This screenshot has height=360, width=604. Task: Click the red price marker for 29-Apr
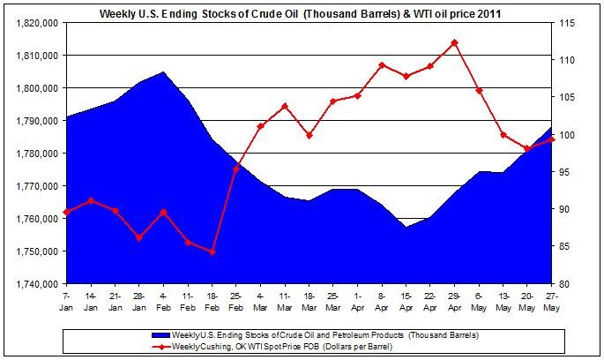(454, 42)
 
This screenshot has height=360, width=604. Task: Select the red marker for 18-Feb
(212, 251)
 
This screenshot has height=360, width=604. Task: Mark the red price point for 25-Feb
(236, 168)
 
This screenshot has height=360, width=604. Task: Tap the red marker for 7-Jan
(67, 212)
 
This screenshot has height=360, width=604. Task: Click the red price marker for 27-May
(551, 139)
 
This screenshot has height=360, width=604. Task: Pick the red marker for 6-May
(479, 90)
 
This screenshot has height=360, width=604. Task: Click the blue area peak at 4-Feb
(163, 73)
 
